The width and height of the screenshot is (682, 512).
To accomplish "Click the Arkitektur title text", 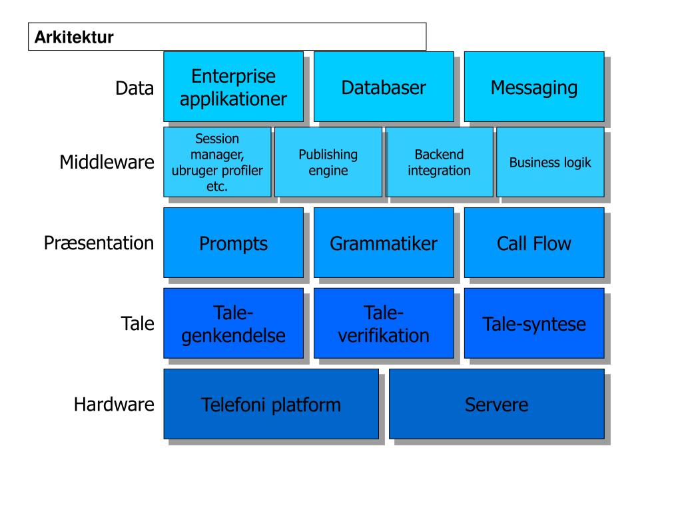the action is [x=74, y=37].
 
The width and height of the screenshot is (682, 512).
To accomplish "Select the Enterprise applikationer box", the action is [x=234, y=87].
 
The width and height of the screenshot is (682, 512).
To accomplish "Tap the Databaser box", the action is [x=384, y=87].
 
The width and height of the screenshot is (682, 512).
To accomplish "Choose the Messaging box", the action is [x=534, y=87].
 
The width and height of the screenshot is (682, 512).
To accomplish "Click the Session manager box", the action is [x=217, y=162].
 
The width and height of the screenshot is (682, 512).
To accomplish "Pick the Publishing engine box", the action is [x=328, y=162].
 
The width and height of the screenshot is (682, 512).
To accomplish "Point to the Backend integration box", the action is [x=440, y=162].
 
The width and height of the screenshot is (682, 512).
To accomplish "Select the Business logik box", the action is [x=550, y=162].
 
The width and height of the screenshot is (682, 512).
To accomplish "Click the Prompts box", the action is [x=234, y=243].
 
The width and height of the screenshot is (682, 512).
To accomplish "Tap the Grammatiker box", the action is [x=384, y=243].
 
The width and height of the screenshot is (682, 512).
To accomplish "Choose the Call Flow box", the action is [x=534, y=243].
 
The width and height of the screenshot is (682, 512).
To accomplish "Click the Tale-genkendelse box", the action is [x=234, y=323].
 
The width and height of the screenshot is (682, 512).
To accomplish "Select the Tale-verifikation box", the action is [x=384, y=323].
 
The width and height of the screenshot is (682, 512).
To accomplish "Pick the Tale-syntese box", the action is [x=534, y=323].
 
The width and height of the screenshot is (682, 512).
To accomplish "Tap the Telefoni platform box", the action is [x=271, y=404].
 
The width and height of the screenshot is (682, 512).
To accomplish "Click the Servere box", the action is [x=497, y=404].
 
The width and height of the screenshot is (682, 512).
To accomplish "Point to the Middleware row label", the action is [x=107, y=162].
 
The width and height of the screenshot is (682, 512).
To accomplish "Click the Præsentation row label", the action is [x=99, y=243].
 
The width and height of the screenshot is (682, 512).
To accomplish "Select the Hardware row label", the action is [x=114, y=404].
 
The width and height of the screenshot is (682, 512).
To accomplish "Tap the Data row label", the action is [x=135, y=88].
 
